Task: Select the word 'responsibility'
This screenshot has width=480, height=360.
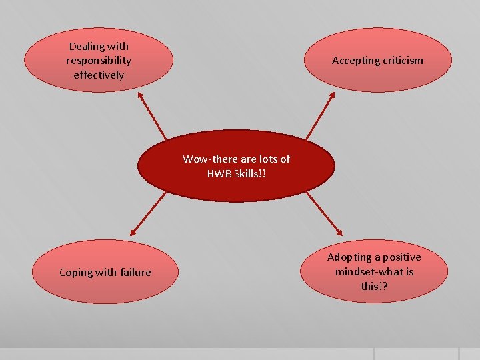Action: tap(99, 61)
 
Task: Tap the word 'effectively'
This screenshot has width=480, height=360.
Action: tap(99, 75)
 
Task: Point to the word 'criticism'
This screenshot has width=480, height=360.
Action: tap(403, 61)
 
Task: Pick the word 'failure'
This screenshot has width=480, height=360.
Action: tap(137, 272)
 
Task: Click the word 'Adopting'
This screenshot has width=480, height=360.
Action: tap(349, 257)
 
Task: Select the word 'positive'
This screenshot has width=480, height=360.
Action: tap(401, 257)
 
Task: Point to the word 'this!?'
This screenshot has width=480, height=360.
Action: tap(374, 286)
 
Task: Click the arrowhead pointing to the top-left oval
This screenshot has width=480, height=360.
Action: tap(141, 95)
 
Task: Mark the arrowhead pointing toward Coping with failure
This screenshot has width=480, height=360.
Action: tap(133, 233)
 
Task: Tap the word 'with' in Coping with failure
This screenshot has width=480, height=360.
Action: tap(107, 272)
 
